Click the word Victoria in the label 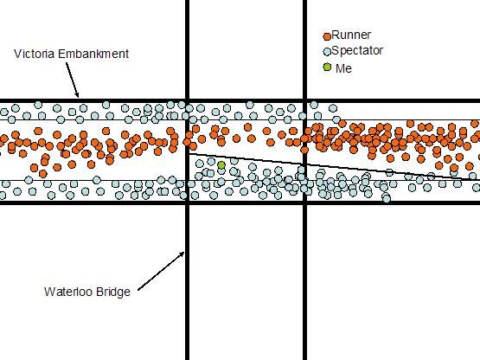point(35,54)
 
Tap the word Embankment point(93,54)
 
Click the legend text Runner point(351,35)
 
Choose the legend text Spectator point(357,50)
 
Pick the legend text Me point(343,68)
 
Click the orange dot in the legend point(327,36)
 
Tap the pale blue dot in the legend point(327,52)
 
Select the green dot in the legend point(327,67)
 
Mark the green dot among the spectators point(221,165)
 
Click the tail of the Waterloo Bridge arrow point(138,290)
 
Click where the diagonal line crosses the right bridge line point(305,164)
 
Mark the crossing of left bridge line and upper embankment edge point(188,100)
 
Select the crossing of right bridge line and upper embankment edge point(305,100)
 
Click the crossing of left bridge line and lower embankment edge point(188,202)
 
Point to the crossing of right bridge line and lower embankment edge point(305,202)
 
